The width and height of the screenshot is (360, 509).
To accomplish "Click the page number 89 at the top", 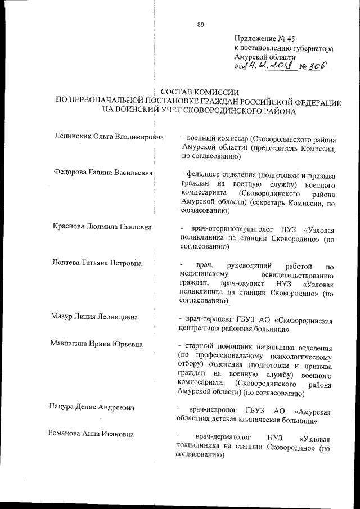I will coord(200,24).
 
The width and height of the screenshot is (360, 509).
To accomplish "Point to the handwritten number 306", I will coord(319,67).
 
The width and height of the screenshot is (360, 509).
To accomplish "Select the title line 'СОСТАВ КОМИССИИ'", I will coord(200,92).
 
